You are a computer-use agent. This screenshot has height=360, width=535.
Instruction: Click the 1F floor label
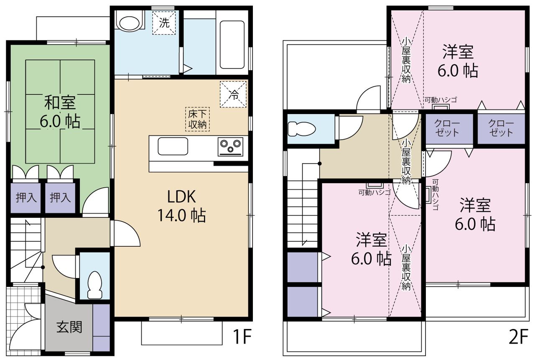click(x=242, y=337)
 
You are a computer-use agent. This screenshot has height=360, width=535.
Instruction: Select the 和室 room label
click(x=60, y=102)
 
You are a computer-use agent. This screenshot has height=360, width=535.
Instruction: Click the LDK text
click(x=181, y=197)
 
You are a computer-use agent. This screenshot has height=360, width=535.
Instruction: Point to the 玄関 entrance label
click(x=69, y=327)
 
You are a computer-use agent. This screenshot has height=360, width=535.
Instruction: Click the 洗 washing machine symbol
click(x=164, y=23)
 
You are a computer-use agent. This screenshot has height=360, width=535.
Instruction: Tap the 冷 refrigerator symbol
click(x=233, y=94)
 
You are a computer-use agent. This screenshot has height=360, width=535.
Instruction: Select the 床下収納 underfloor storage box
click(x=198, y=119)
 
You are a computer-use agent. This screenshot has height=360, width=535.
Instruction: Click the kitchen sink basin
click(x=173, y=146)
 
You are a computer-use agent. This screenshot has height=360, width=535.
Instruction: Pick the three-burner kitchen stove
click(x=230, y=147)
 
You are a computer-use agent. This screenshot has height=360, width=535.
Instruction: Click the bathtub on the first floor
click(x=232, y=45)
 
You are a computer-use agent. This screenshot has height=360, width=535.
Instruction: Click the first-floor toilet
click(x=95, y=285)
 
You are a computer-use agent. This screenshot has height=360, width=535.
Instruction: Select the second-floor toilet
click(x=302, y=129)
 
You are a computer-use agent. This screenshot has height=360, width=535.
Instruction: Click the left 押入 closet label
click(x=26, y=197)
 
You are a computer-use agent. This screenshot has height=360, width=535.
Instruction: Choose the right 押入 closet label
click(x=60, y=197)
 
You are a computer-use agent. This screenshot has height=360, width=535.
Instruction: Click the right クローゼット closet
click(x=501, y=129)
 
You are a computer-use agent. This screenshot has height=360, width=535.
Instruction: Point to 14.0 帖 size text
click(x=181, y=215)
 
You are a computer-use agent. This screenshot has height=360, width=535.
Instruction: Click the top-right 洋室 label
click(x=458, y=52)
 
